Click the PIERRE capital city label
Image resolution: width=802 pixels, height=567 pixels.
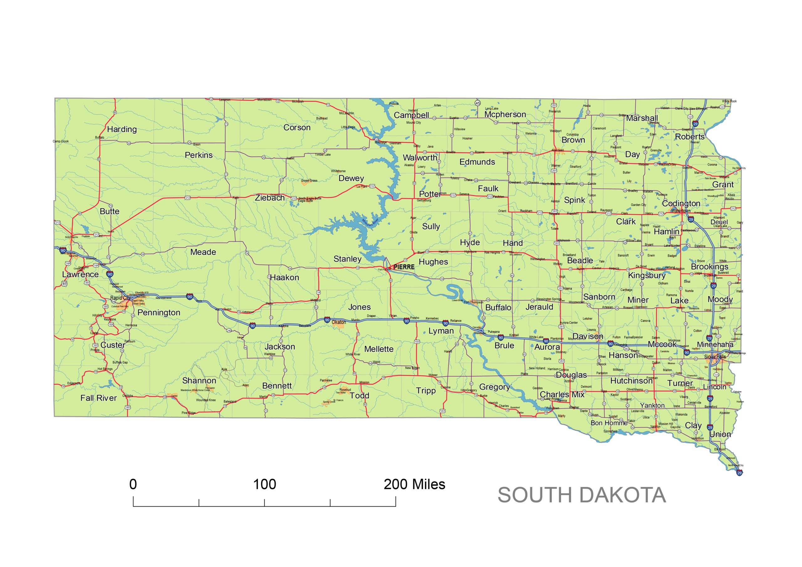pos(404,267)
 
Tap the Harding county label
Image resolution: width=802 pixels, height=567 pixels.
pos(122,129)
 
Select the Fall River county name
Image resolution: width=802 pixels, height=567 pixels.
pos(98,398)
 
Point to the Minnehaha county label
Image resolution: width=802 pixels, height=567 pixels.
pos(715,345)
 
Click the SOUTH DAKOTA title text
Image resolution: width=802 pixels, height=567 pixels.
pos(581,495)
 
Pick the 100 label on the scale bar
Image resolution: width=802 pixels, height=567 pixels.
pos(264,484)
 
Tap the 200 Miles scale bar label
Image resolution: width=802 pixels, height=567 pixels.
pos(414,484)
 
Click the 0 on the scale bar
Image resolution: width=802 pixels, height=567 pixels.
pos(133,484)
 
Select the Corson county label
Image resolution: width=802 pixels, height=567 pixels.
pos(297,127)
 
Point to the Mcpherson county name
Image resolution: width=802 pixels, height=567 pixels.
pos(505,115)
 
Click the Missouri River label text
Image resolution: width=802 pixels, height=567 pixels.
pos(370,222)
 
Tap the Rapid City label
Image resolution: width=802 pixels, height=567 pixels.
pos(121,298)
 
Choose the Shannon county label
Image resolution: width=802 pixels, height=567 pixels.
pos(199,380)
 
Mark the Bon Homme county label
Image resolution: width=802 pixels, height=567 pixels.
pos(609,423)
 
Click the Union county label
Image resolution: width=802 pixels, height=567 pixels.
pos(720,434)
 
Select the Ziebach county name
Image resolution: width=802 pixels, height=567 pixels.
pos(270,198)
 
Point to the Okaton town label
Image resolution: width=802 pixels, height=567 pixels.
pos(338,322)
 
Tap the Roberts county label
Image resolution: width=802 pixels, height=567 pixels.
pos(690,137)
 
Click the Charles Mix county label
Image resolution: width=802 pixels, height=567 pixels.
pos(562,394)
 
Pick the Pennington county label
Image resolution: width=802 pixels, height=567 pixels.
pos(159,312)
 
